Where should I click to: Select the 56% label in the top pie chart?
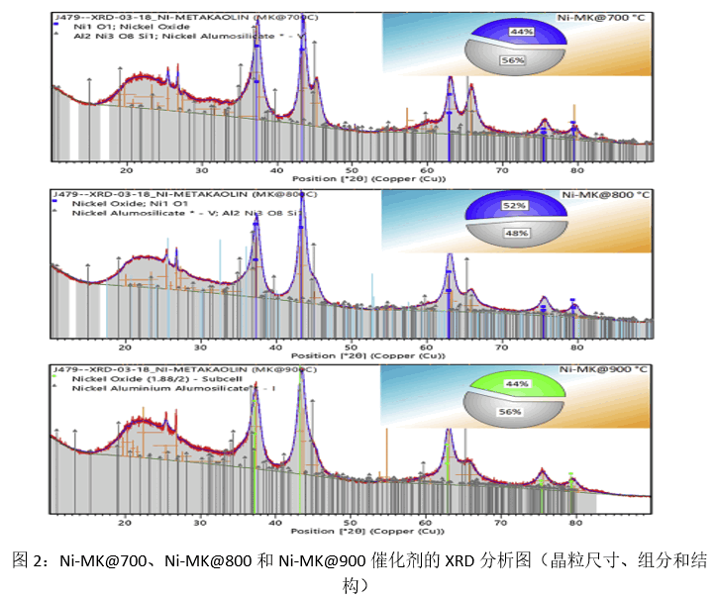coord(513,60)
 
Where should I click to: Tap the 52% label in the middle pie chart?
coord(514,205)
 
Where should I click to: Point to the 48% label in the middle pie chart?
coord(513,234)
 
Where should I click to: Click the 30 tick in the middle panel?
coord(201,345)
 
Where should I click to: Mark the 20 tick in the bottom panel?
coord(126,521)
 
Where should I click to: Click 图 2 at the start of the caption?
coord(29,561)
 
